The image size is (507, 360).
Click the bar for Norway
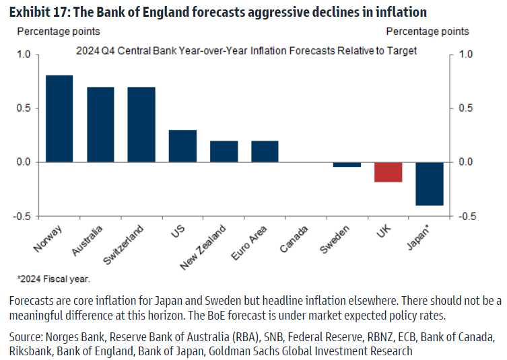coord(59,118)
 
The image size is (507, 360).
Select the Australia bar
coord(100,124)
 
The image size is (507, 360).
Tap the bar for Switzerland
coord(141,124)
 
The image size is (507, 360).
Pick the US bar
coord(182,146)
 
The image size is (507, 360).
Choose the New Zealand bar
coord(224,151)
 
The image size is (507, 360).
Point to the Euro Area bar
coord(265,151)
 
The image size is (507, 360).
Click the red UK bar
coord(388,172)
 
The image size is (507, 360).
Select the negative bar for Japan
coord(430,184)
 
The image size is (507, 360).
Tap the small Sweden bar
coord(347,164)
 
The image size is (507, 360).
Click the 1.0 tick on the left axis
coord(24,55)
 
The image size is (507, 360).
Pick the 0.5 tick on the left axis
coord(24,108)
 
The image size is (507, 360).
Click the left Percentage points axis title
coord(59,32)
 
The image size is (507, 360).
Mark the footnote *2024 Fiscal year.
coord(53,278)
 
